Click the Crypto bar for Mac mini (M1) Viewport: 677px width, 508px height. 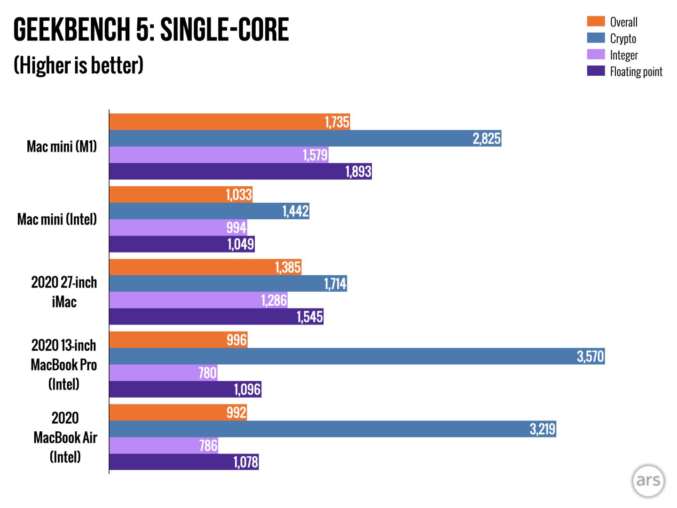click(305, 138)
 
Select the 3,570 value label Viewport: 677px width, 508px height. click(590, 357)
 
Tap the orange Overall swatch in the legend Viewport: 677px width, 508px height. click(596, 21)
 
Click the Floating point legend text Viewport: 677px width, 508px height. click(636, 71)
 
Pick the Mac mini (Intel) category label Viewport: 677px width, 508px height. click(57, 219)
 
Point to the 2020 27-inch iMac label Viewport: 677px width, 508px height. click(64, 292)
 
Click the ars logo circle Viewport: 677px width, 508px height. click(648, 480)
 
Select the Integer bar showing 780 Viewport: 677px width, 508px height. click(163, 373)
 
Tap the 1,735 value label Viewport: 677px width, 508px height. click(337, 122)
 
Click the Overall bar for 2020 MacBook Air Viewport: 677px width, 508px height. click(178, 413)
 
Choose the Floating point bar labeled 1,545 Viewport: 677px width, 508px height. click(216, 317)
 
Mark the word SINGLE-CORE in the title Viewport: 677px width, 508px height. click(224, 30)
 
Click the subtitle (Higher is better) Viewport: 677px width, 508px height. click(79, 65)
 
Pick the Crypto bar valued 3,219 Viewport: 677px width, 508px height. click(332, 429)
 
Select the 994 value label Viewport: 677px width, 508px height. click(236, 228)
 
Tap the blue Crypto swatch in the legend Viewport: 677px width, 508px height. click(596, 38)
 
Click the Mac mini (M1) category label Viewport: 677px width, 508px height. click(62, 147)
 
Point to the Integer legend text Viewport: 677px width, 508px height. click(623, 55)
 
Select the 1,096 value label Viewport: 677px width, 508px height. click(247, 389)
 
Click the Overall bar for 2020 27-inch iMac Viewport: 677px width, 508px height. click(205, 267)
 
